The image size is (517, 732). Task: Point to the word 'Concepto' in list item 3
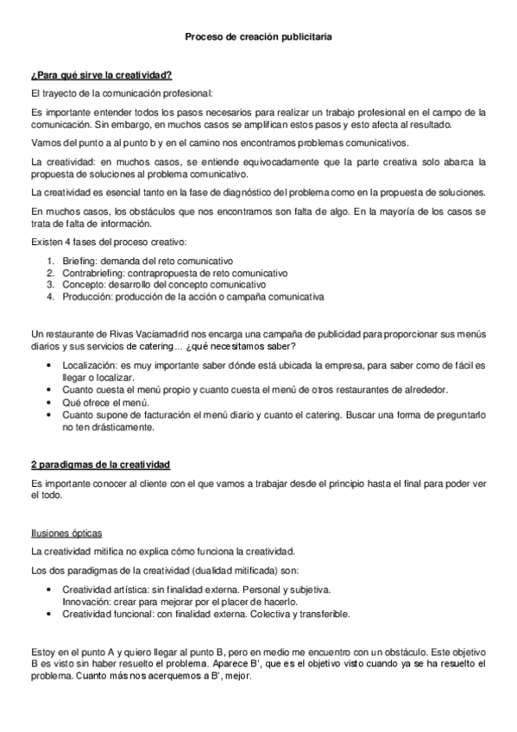(x=82, y=285)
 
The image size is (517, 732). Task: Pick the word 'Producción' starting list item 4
(x=85, y=297)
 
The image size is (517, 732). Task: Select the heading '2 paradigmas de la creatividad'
(x=100, y=464)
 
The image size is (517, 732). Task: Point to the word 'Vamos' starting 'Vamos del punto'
(x=44, y=142)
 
